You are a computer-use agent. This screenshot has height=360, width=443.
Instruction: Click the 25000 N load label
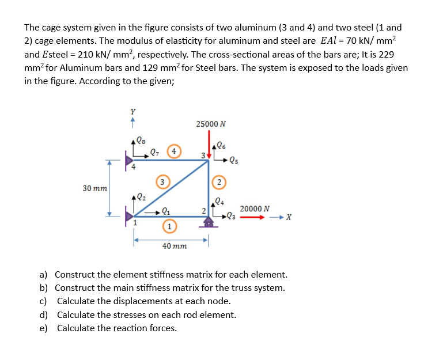pyautogui.click(x=211, y=124)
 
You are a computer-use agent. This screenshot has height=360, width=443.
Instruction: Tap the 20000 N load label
pyautogui.click(x=251, y=209)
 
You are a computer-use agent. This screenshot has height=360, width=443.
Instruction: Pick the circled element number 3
pyautogui.click(x=163, y=182)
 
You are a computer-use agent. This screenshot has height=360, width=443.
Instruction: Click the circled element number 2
pyautogui.click(x=219, y=182)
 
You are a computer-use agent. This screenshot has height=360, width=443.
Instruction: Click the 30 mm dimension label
pyautogui.click(x=94, y=188)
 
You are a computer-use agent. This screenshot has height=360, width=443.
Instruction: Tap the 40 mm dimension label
pyautogui.click(x=174, y=246)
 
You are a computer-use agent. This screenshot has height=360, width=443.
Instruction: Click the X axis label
pyautogui.click(x=289, y=218)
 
